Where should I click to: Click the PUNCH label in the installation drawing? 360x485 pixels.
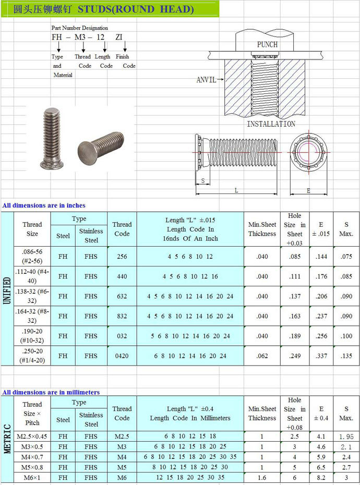(267, 44)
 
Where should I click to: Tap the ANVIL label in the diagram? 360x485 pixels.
(206, 80)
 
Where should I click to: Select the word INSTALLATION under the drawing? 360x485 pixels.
(271, 124)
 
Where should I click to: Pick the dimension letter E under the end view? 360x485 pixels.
(308, 191)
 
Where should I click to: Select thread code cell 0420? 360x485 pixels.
(122, 356)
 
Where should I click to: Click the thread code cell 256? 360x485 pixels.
(122, 257)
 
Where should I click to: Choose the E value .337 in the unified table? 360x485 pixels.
(321, 356)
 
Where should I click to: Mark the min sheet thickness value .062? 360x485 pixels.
(262, 356)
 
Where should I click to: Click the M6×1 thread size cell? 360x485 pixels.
(32, 478)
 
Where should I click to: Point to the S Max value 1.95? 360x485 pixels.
(346, 436)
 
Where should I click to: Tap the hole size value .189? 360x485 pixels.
(295, 336)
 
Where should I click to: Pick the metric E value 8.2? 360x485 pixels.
(321, 478)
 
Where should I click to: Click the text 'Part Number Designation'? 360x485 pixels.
(80, 28)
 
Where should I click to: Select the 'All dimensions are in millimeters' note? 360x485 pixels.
(51, 392)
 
